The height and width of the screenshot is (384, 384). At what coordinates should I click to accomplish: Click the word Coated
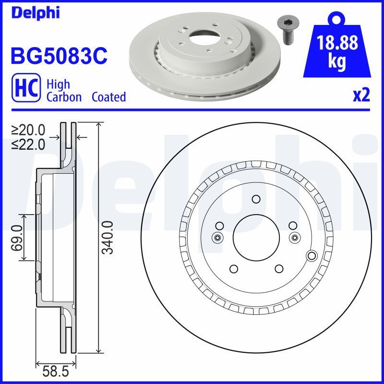tap(108, 97)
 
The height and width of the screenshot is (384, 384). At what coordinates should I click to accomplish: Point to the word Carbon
tap(65, 97)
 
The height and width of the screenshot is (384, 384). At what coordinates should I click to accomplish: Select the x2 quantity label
tap(361, 96)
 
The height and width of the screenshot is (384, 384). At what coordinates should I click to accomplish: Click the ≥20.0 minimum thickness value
tap(28, 130)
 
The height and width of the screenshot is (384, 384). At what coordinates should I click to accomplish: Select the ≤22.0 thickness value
tap(28, 144)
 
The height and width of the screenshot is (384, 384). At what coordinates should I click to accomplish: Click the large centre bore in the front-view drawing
tap(255, 237)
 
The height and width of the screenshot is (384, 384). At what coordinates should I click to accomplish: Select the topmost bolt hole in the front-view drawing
tap(255, 200)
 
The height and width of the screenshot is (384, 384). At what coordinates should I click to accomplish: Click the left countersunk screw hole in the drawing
tap(217, 237)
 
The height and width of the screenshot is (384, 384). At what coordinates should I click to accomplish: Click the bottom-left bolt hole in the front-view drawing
tap(233, 269)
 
